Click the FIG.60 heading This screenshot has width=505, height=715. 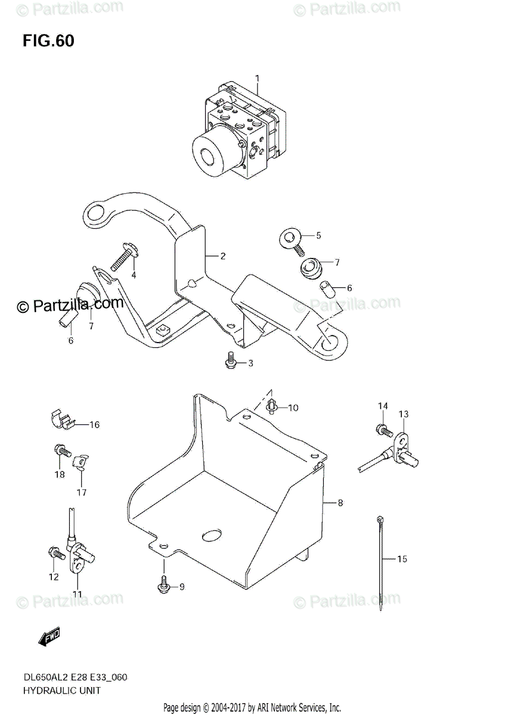48,41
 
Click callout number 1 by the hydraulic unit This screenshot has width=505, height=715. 258,78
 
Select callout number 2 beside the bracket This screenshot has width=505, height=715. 222,257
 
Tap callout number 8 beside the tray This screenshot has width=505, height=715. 340,503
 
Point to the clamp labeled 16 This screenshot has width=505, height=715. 61,420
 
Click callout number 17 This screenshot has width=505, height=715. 81,492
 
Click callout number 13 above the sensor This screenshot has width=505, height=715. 404,414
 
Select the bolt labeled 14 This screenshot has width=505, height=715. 382,428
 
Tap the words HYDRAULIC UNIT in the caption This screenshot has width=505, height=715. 63,691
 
